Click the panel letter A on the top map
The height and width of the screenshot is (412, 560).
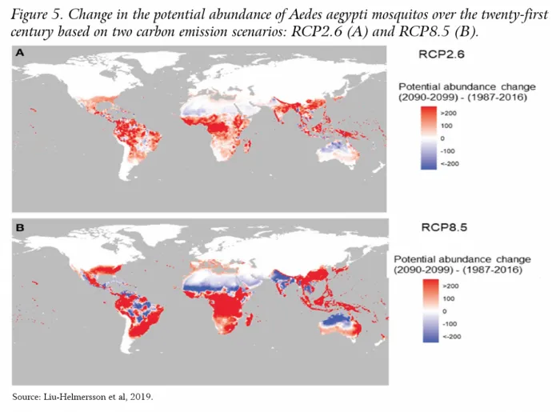coord(20,53)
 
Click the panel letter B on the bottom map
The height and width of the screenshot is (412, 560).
coord(20,227)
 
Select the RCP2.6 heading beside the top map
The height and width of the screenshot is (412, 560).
coord(442,54)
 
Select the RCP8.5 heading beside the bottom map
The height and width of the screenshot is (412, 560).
coord(444,227)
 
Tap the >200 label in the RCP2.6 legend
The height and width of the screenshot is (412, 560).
coord(449,113)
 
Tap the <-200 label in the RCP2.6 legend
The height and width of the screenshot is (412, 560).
coord(450,164)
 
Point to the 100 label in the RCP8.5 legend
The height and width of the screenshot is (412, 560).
coord(449,298)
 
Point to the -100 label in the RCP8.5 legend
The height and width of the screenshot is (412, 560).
coord(450,324)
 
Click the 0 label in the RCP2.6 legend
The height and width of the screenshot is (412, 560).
coord(443,138)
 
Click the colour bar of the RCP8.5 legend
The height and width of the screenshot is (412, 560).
coord(430,311)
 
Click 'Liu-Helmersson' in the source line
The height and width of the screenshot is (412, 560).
coord(75,397)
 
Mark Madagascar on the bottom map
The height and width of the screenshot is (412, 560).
coord(250,319)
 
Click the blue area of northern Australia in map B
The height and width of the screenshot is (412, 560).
coord(337,319)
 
